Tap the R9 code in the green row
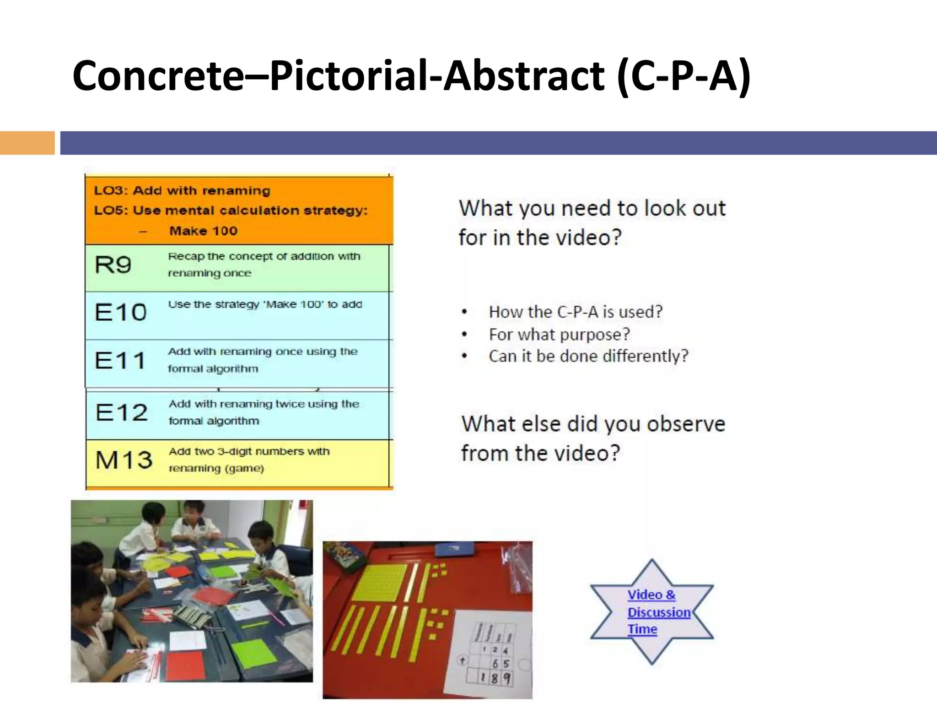pyautogui.click(x=113, y=265)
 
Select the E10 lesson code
pyautogui.click(x=120, y=313)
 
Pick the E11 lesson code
pyautogui.click(x=120, y=361)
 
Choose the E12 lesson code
pyautogui.click(x=121, y=412)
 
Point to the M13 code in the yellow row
pyautogui.click(x=124, y=460)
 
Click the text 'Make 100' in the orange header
pyautogui.click(x=203, y=231)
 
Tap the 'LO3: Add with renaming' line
pyautogui.click(x=182, y=190)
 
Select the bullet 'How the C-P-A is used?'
pyautogui.click(x=575, y=312)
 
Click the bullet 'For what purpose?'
pyautogui.click(x=559, y=335)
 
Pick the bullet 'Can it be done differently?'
pyautogui.click(x=588, y=356)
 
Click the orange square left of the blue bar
pyautogui.click(x=27, y=143)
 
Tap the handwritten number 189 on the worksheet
pyautogui.click(x=494, y=678)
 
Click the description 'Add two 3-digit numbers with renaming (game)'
pyautogui.click(x=249, y=460)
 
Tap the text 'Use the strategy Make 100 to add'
pyautogui.click(x=265, y=304)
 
